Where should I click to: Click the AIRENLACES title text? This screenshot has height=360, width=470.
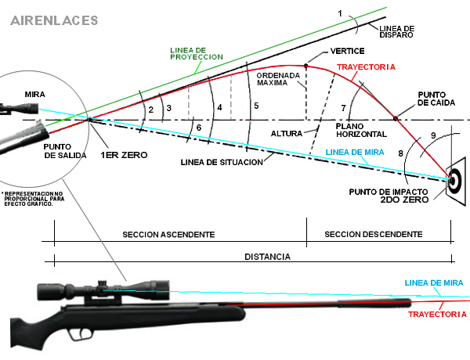(x=54, y=18)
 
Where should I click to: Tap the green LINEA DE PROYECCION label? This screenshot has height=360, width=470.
(x=197, y=52)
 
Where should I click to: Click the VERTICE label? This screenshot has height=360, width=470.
(x=325, y=50)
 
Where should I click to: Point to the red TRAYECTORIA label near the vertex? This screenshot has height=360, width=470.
(x=366, y=68)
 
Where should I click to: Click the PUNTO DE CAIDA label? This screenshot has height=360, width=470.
(x=434, y=98)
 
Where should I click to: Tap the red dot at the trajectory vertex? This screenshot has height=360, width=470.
(x=305, y=67)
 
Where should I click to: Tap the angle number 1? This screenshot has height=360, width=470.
(x=340, y=13)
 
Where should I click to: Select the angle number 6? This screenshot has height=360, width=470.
(x=199, y=128)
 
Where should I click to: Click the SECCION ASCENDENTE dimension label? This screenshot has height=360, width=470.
(x=168, y=234)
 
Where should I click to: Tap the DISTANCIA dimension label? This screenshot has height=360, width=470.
(x=266, y=256)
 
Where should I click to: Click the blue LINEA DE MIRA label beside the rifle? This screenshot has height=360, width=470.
(x=433, y=283)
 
